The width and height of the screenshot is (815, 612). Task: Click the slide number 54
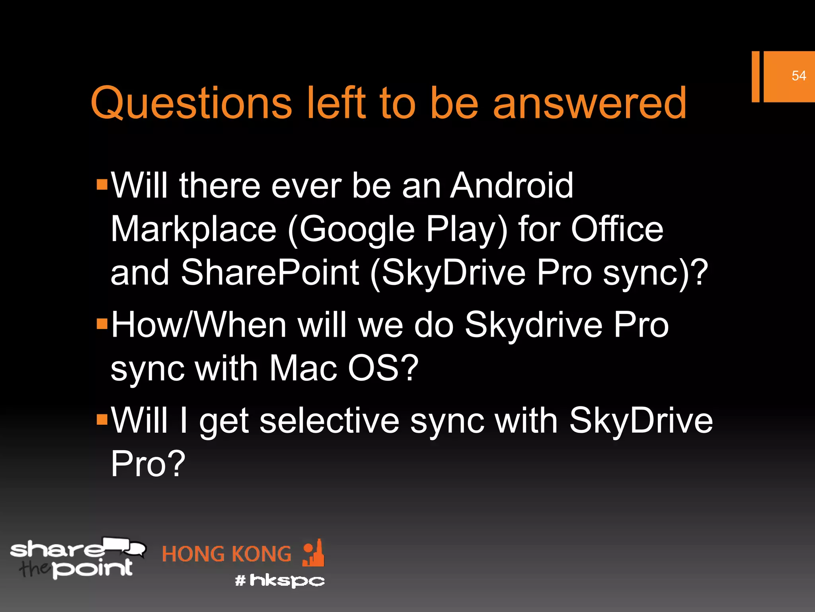tap(798, 76)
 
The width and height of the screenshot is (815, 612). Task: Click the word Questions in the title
tap(191, 104)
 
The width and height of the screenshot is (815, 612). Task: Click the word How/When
tap(199, 325)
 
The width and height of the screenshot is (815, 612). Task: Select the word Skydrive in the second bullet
tap(533, 325)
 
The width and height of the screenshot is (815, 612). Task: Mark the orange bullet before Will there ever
tap(102, 184)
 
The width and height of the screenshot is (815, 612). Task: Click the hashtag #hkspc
tap(280, 581)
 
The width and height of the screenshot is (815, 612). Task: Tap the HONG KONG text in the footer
tap(226, 554)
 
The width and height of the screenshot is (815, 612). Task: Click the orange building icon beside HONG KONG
tap(314, 553)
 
